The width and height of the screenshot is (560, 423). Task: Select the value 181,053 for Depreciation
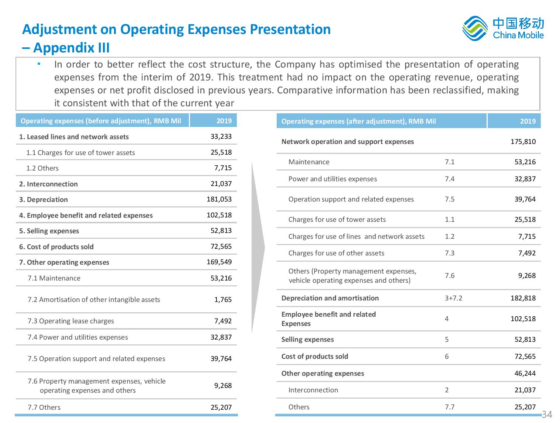pyautogui.click(x=219, y=199)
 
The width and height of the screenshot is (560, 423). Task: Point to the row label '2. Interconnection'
pyautogui.click(x=48, y=184)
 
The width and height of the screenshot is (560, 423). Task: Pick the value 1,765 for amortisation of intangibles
pyautogui.click(x=222, y=299)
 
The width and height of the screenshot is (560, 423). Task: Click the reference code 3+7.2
pyautogui.click(x=453, y=298)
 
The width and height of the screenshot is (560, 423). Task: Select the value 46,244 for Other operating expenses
pyautogui.click(x=525, y=373)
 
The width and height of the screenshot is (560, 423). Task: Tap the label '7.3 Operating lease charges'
pyautogui.click(x=71, y=321)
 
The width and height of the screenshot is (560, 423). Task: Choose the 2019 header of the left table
pyautogui.click(x=224, y=121)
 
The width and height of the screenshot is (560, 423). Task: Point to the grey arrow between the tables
pyautogui.click(x=258, y=247)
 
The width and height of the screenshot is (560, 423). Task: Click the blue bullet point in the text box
pyautogui.click(x=39, y=64)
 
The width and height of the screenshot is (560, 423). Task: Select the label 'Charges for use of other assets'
pyautogui.click(x=336, y=253)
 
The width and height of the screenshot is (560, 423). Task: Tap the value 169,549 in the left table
pyautogui.click(x=219, y=262)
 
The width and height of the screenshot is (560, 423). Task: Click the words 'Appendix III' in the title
pyautogui.click(x=72, y=48)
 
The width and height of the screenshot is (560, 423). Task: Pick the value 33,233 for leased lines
pyautogui.click(x=221, y=136)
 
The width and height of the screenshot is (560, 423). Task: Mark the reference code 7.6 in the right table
pyautogui.click(x=449, y=275)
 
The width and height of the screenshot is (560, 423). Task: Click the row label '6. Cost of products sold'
pyautogui.click(x=56, y=247)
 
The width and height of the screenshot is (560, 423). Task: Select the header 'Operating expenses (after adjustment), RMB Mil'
pyautogui.click(x=358, y=121)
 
